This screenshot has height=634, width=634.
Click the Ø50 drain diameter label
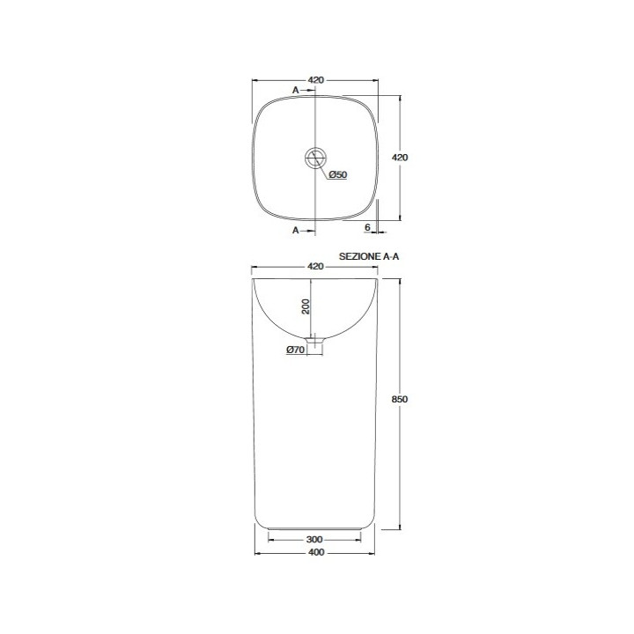pyautogui.click(x=338, y=174)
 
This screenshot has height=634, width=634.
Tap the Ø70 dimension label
pyautogui.click(x=295, y=350)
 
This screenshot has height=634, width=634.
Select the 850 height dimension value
pyautogui.click(x=400, y=400)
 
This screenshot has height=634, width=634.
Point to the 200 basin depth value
pyautogui.click(x=306, y=306)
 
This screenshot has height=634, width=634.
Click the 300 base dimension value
pyautogui.click(x=314, y=540)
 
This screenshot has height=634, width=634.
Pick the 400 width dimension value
pyautogui.click(x=316, y=552)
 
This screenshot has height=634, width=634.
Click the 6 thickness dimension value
pyautogui.click(x=367, y=227)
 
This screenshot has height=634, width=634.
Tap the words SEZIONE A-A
pyautogui.click(x=369, y=256)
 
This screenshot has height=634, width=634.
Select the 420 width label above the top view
pyautogui.click(x=315, y=80)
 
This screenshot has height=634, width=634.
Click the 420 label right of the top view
pyautogui.click(x=400, y=158)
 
